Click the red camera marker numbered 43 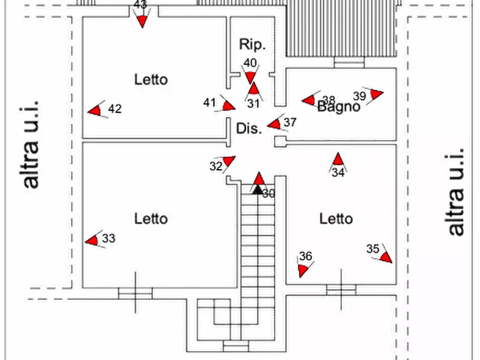(142, 21)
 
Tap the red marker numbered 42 (96, 110)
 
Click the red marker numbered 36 (303, 269)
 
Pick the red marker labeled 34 (338, 160)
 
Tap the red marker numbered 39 (376, 94)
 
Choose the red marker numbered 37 (275, 124)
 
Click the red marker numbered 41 (228, 105)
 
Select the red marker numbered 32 (229, 161)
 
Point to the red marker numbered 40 (250, 77)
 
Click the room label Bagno (339, 107)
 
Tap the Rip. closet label (252, 45)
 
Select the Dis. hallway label (249, 129)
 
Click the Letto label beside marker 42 (151, 80)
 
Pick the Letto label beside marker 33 (151, 219)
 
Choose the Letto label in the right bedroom (336, 219)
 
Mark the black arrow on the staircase (258, 189)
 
